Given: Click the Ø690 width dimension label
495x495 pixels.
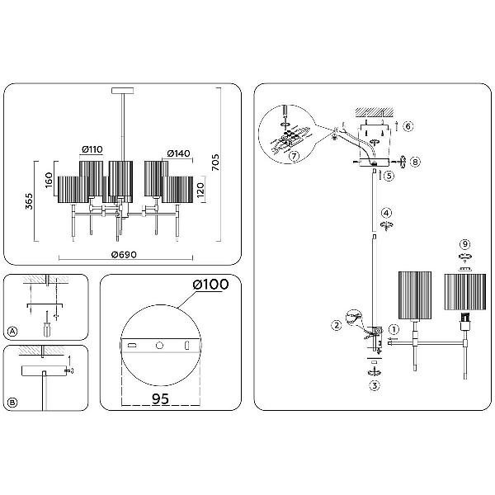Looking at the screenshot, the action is click(124, 254).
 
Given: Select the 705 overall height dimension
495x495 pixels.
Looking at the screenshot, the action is click(215, 163).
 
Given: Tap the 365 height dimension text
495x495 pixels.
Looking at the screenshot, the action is click(29, 201).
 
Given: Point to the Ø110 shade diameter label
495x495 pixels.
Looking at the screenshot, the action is click(92, 149).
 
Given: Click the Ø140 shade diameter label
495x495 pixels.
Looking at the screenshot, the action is click(178, 153).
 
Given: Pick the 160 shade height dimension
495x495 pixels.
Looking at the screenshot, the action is click(49, 180).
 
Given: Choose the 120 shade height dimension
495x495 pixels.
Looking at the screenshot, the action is click(200, 190).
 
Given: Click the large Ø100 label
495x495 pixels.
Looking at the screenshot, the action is click(210, 284).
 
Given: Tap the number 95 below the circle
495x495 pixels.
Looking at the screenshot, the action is click(160, 398).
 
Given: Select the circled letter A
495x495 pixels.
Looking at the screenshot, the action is click(12, 332).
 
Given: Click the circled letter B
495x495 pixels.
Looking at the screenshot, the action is click(12, 403).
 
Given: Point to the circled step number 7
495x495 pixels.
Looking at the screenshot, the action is click(294, 156).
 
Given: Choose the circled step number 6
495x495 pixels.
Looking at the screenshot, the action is click(408, 126).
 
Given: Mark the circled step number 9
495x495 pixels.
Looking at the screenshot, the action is click(464, 244).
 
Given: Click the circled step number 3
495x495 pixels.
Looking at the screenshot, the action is click(375, 385).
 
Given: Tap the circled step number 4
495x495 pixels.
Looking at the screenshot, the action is click(386, 213).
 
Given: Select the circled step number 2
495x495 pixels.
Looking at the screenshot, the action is click(337, 325).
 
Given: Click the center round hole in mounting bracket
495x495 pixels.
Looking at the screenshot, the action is click(160, 346).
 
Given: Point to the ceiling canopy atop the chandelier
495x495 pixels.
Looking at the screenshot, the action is click(122, 91).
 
